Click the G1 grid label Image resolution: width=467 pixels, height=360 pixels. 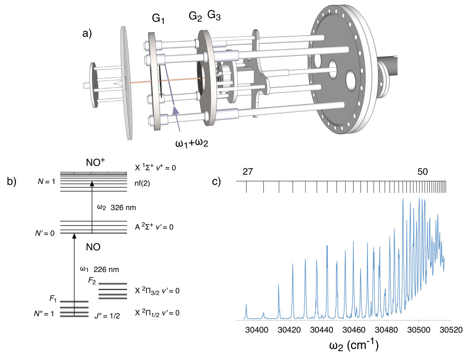coord(158,19)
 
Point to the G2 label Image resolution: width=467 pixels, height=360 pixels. coord(195,16)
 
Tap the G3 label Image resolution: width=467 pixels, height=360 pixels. coord(214,15)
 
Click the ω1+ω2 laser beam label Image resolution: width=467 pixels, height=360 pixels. coord(192,143)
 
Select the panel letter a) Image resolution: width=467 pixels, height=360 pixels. coord(87,34)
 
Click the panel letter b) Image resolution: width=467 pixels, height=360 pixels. coord(12,181)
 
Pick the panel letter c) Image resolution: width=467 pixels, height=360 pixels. coord(216,181)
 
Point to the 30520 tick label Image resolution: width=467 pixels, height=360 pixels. coord(451,329)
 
